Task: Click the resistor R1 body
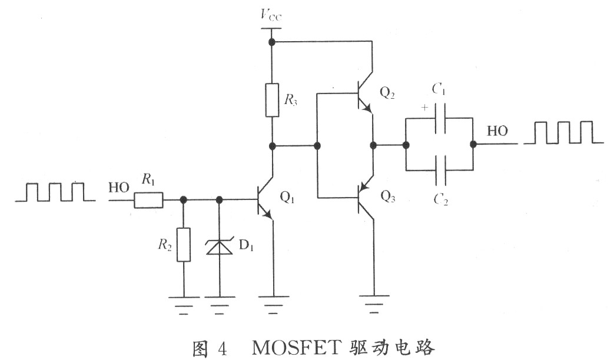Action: pyautogui.click(x=148, y=200)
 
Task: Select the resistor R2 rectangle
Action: pyautogui.click(x=184, y=245)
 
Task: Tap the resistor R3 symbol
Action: pyautogui.click(x=272, y=100)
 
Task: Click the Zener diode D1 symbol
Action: pyautogui.click(x=220, y=246)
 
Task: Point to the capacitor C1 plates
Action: pyautogui.click(x=440, y=118)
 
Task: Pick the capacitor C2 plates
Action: pyautogui.click(x=440, y=170)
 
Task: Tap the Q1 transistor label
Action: pyautogui.click(x=287, y=198)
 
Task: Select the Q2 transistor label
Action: pyautogui.click(x=387, y=93)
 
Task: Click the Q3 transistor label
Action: pyautogui.click(x=388, y=196)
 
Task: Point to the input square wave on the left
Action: pyautogui.click(x=55, y=192)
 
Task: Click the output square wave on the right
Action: pyautogui.click(x=563, y=132)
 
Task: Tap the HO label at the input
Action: pyautogui.click(x=119, y=188)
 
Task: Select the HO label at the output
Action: pyautogui.click(x=497, y=131)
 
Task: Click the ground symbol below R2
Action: pyautogui.click(x=184, y=305)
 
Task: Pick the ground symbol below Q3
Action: pyautogui.click(x=374, y=304)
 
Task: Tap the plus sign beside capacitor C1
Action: pyautogui.click(x=425, y=107)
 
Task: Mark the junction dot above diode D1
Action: pyautogui.click(x=220, y=200)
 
